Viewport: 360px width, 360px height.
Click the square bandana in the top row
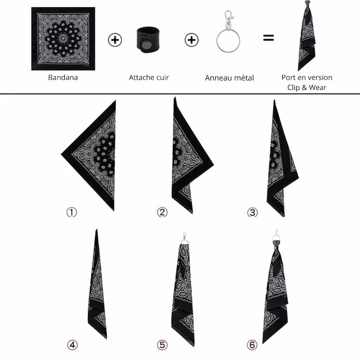(63, 39)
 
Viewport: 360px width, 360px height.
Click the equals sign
(268, 39)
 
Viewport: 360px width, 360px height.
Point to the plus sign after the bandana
(115, 40)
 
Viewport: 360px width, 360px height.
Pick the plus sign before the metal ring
(192, 40)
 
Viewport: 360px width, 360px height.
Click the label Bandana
(63, 77)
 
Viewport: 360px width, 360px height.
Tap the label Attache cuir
(149, 77)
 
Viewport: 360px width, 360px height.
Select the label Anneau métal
(229, 78)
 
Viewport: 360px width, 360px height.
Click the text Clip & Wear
(307, 87)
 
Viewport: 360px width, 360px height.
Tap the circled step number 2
(162, 212)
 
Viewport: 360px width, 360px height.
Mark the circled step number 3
(252, 212)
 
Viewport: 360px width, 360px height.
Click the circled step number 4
(72, 345)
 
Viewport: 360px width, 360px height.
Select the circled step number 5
(162, 345)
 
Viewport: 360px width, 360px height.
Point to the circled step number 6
(252, 345)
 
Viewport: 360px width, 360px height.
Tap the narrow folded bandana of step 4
(98, 288)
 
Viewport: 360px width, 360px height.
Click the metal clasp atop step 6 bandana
(275, 236)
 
